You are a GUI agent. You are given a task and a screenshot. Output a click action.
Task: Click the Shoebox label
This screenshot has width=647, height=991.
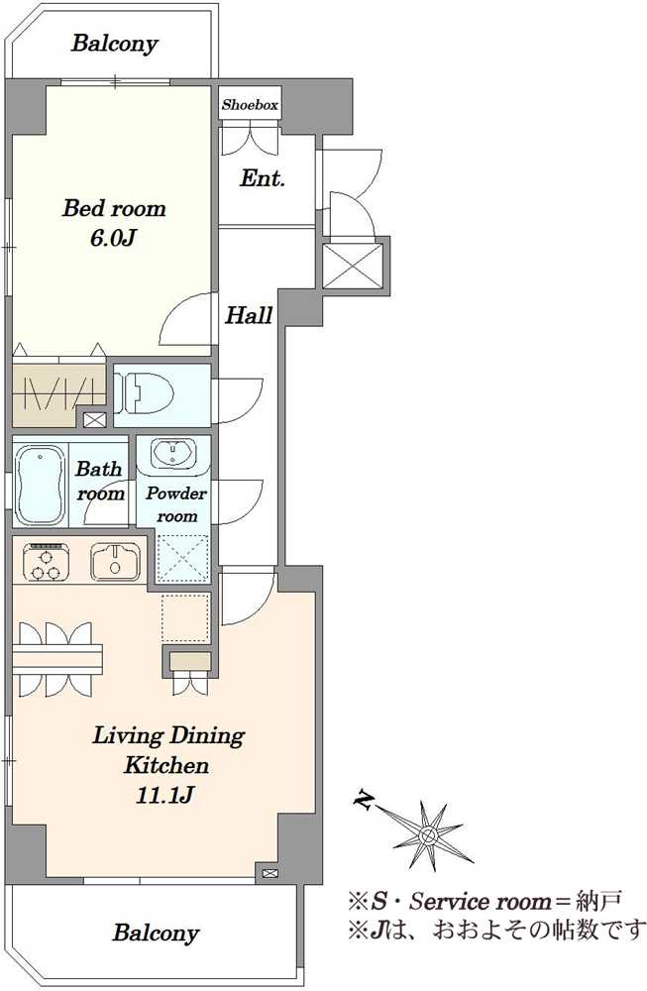coord(250,105)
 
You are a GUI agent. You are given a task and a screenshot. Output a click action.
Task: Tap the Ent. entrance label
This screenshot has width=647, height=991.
coord(263,178)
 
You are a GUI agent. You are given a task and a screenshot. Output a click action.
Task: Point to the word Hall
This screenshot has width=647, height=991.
coord(249,315)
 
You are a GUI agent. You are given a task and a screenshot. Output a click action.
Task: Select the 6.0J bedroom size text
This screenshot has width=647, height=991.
coord(114,238)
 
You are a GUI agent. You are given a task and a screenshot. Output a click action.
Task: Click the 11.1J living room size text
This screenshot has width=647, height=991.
coord(165,795)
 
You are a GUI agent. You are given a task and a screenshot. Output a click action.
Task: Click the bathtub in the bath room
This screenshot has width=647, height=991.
coord(40,485)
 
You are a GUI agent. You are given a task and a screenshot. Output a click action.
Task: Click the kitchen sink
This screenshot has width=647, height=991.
coord(116,561)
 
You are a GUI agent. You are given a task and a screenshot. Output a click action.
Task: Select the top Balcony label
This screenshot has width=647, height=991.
coord(114,44)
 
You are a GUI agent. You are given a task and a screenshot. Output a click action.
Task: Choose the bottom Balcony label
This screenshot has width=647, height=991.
coord(157,933)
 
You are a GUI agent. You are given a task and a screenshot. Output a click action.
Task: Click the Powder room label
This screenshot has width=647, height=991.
coord(176,504)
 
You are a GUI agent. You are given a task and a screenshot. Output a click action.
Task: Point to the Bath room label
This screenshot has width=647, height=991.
coord(100,481)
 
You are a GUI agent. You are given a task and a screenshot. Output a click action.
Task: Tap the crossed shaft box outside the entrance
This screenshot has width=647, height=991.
coord(353,266)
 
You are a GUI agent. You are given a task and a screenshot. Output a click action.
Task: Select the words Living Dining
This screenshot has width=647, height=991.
coord(168,736)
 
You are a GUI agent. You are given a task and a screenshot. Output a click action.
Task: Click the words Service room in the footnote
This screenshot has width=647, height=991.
coord(480,901)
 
